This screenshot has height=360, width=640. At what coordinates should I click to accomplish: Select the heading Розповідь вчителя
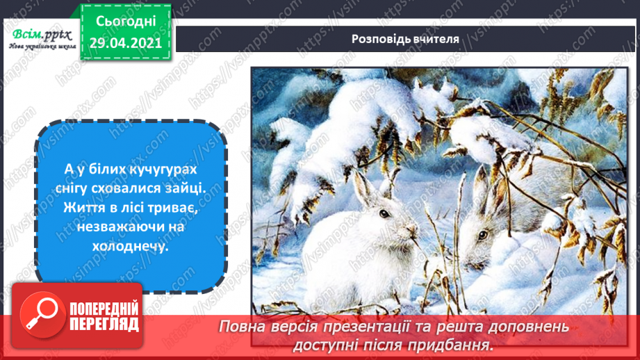(x=405, y=39)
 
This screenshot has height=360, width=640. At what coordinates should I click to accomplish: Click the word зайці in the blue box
(x=193, y=189)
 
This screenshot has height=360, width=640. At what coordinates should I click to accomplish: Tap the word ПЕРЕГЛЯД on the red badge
(x=105, y=325)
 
